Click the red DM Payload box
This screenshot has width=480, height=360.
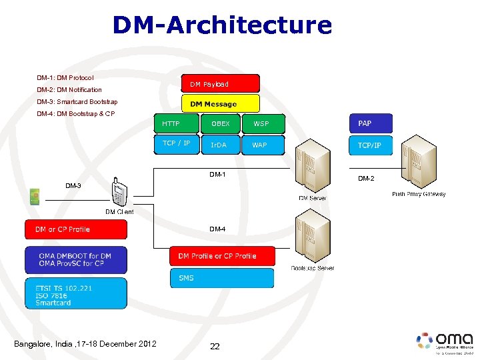click(x=220, y=83)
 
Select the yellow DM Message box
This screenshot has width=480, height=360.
click(x=220, y=103)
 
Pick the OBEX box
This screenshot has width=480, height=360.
click(x=220, y=124)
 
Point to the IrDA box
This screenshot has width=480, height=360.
click(x=220, y=145)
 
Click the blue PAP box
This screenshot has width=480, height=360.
click(x=371, y=123)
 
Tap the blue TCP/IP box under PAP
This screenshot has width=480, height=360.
click(x=371, y=145)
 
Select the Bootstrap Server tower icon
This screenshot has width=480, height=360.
click(x=313, y=237)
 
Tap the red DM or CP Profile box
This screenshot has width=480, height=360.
click(x=75, y=229)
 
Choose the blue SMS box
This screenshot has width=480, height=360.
click(x=221, y=278)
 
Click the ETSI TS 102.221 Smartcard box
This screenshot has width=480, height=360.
click(x=75, y=294)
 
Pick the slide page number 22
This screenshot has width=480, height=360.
click(x=215, y=346)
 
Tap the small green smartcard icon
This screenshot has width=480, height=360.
click(x=35, y=196)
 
